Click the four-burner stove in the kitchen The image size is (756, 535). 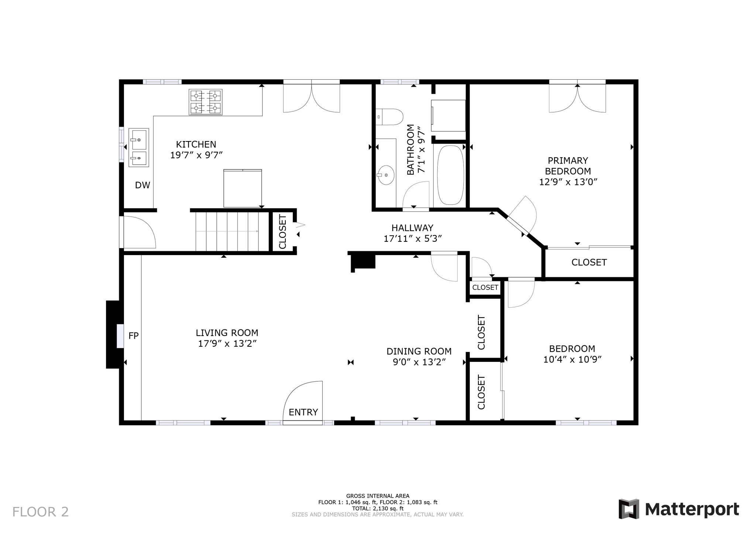click(206, 102)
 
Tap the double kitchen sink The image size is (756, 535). click(138, 147)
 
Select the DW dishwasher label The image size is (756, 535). click(142, 185)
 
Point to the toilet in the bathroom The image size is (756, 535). click(389, 117)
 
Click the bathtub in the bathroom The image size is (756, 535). click(450, 175)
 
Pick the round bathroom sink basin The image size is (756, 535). click(386, 175)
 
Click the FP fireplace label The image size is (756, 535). click(134, 336)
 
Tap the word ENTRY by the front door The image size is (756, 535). click(303, 412)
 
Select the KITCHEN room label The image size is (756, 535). click(196, 144)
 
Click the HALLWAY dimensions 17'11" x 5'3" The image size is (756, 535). click(413, 239)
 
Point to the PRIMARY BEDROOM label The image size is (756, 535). click(568, 166)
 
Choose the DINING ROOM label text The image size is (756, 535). click(419, 351)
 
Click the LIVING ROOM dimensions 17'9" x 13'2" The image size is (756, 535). click(227, 343)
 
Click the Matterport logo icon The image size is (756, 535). click(629, 509)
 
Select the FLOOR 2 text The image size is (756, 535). click(41, 512)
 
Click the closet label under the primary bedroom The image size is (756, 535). click(589, 262)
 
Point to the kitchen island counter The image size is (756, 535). click(243, 188)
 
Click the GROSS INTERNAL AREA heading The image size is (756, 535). click(378, 496)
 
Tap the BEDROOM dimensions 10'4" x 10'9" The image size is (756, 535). click(573, 359)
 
